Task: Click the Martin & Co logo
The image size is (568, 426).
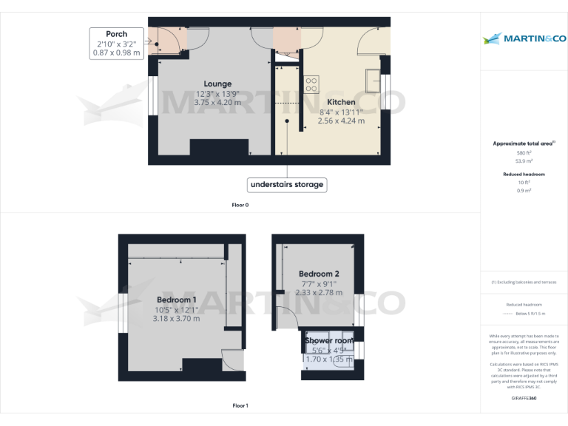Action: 524,38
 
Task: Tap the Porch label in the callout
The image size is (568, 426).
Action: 116,34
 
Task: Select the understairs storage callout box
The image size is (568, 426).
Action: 287,184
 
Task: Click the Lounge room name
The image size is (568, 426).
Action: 217,84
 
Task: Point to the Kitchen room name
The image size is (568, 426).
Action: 341,102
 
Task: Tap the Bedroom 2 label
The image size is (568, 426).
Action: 319,274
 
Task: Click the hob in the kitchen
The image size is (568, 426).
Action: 311,82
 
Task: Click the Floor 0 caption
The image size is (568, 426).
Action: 240,205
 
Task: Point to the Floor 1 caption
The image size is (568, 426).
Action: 240,405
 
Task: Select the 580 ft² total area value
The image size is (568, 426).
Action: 524,152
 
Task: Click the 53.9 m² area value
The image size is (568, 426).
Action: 524,159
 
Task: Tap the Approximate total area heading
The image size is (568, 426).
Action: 524,143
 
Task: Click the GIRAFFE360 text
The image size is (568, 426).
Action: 524,398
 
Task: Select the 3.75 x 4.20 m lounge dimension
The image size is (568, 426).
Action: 217,102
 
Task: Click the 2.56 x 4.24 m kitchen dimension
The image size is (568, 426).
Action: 341,121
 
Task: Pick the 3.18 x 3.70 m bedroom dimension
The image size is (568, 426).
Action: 176,318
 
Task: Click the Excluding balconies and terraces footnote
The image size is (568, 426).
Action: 524,283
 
